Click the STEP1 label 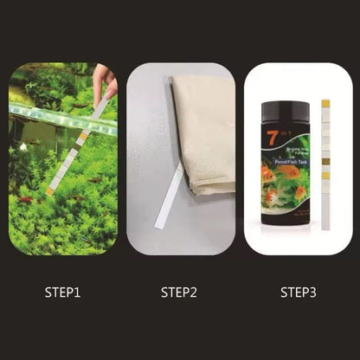coord(61,292)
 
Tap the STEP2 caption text coord(179,292)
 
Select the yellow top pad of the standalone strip coord(325,104)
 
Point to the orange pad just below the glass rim coord(82,137)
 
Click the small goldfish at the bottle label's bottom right coord(299,192)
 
